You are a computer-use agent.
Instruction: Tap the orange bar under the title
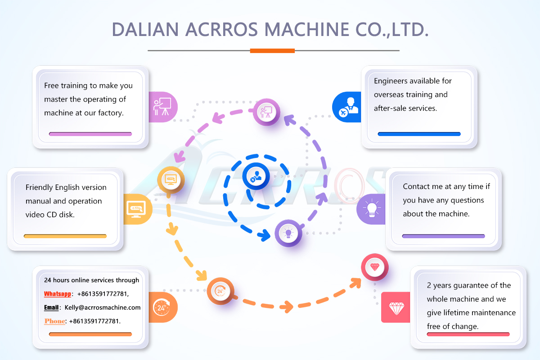(272, 50)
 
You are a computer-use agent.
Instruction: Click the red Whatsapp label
(58, 294)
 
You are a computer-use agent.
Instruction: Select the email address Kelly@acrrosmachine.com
(103, 307)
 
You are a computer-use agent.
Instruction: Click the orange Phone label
(54, 321)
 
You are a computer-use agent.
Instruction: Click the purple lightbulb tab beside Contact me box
(372, 209)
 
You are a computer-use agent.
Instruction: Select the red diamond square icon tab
(396, 307)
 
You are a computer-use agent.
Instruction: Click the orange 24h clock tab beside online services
(162, 307)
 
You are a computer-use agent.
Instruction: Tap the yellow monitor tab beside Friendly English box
(136, 208)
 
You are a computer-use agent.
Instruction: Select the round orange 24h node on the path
(220, 290)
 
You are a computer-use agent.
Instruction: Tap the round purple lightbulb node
(288, 233)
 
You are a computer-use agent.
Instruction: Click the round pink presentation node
(266, 111)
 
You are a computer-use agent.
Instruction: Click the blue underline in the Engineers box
(419, 134)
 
